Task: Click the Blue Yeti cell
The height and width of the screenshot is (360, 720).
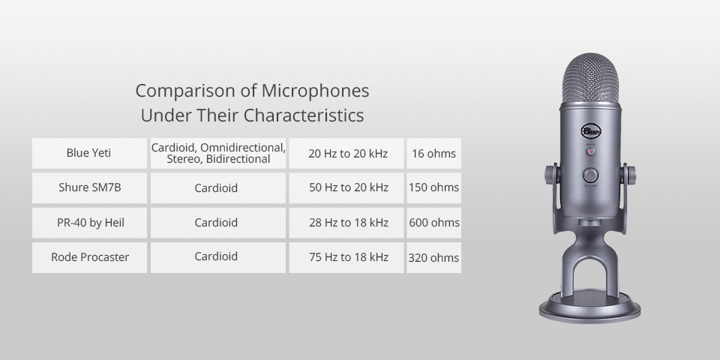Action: tap(88, 153)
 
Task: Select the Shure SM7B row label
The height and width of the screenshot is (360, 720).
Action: tap(89, 187)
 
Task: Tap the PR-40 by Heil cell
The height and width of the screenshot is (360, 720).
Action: tap(89, 223)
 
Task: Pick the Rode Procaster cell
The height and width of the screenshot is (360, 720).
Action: tap(89, 257)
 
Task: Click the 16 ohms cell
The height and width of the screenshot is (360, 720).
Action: tap(433, 153)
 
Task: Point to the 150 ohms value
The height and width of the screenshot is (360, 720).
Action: tap(433, 187)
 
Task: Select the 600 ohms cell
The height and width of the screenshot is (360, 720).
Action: tap(433, 223)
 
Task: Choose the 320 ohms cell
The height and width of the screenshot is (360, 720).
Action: tap(433, 257)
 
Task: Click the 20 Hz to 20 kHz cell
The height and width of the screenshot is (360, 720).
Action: tap(348, 153)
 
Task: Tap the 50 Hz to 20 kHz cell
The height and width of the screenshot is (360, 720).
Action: tap(348, 187)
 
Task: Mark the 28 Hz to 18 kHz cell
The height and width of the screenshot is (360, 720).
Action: tap(348, 223)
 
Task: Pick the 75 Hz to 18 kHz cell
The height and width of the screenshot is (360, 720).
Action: tap(348, 257)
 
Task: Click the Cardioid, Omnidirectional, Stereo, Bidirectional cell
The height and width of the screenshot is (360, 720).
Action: tap(217, 153)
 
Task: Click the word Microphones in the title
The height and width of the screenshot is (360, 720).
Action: tap(315, 91)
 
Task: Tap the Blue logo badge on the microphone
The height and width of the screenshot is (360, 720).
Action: tap(591, 130)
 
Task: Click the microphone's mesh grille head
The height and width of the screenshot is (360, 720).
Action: tap(591, 79)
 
